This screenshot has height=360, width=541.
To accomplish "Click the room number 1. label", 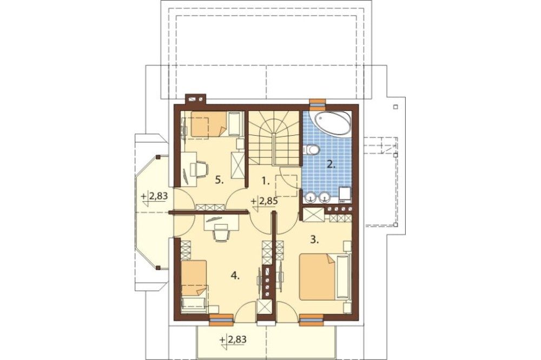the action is (265, 181).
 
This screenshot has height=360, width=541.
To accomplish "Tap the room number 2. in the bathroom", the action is (331, 164).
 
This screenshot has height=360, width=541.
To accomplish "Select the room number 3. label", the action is (314, 239).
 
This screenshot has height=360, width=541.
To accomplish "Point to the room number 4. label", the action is (235, 276).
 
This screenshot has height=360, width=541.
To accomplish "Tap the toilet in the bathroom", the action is (312, 150).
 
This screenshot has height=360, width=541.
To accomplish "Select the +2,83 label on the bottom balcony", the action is (233, 340).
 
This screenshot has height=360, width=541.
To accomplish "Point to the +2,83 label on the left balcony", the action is (155, 197).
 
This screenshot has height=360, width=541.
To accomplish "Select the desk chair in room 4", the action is (221, 234).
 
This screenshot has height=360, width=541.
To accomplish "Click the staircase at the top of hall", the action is (274, 138).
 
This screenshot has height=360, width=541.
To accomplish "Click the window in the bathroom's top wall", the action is (318, 102).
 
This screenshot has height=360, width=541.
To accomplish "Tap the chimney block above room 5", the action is (196, 99).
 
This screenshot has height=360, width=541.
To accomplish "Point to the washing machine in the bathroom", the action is (345, 194).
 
